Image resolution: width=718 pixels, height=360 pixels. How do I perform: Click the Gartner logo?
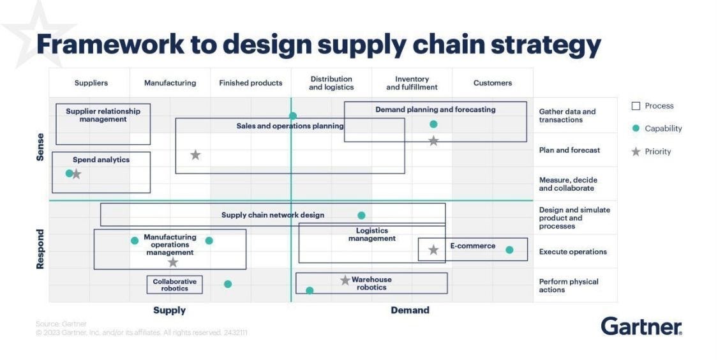coord(641,326)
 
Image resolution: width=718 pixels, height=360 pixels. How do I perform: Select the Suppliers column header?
coord(91,83)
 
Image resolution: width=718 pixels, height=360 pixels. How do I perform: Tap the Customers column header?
coord(492,83)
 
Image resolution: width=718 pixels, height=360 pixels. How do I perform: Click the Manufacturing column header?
coord(170,83)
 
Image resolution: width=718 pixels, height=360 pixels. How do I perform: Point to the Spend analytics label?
coord(101,160)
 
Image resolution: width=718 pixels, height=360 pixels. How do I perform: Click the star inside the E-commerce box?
coord(433,250)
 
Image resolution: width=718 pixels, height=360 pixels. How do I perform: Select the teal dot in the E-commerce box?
coord(509,250)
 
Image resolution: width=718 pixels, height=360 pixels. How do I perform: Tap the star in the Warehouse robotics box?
coord(345,280)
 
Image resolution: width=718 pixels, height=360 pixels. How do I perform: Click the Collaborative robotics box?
coord(174,285)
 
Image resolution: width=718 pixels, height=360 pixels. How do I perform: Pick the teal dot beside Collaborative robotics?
coord(228,284)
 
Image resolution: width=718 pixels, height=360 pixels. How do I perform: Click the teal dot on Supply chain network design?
coord(361,216)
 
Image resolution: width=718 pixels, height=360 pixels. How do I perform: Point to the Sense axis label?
coord(40,147)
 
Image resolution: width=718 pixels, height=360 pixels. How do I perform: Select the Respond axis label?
coord(40,249)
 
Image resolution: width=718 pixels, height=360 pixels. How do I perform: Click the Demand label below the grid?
coord(410,310)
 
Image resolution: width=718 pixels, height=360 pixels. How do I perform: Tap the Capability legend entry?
coord(663,128)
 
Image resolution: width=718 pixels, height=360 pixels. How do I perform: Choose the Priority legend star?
coord(636,152)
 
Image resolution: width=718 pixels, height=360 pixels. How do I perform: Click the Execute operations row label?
coord(572,251)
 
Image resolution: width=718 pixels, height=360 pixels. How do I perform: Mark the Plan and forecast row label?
coord(569,150)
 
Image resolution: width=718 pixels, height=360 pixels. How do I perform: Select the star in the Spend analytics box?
coord(77,174)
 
